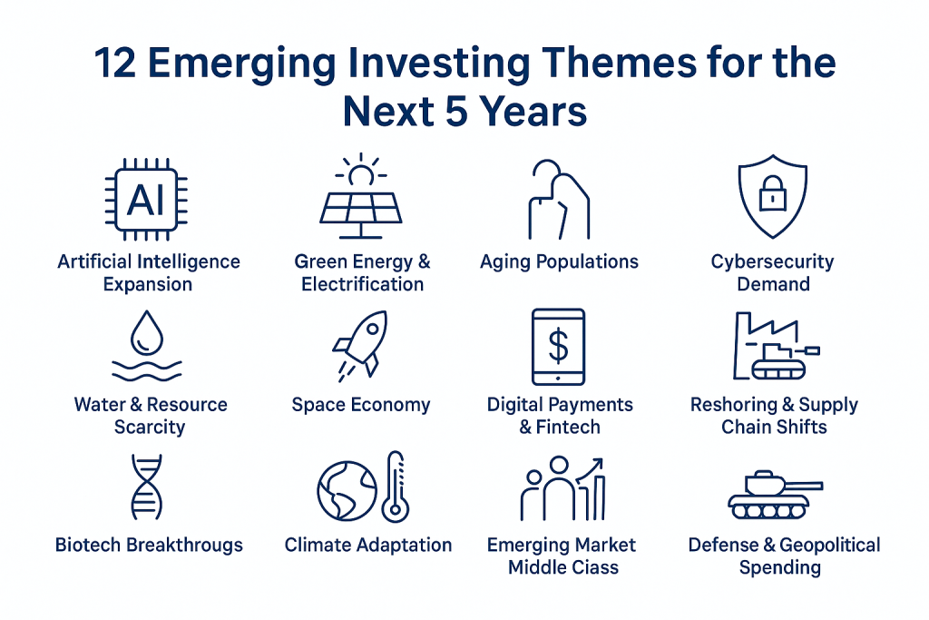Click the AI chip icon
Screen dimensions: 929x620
(146, 199)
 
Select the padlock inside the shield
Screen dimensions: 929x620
(773, 192)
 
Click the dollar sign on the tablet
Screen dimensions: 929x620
(558, 346)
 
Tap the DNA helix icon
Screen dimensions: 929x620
(146, 487)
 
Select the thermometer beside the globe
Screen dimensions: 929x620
(396, 487)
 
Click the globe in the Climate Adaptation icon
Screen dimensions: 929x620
(347, 491)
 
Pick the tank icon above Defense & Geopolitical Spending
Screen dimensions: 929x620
(776, 495)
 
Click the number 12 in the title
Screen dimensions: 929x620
(115, 64)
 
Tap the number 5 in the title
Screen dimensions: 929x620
(456, 112)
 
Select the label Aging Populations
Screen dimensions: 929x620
(559, 261)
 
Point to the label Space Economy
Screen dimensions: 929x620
(361, 404)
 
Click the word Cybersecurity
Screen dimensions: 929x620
(773, 261)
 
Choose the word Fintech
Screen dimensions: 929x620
(568, 427)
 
